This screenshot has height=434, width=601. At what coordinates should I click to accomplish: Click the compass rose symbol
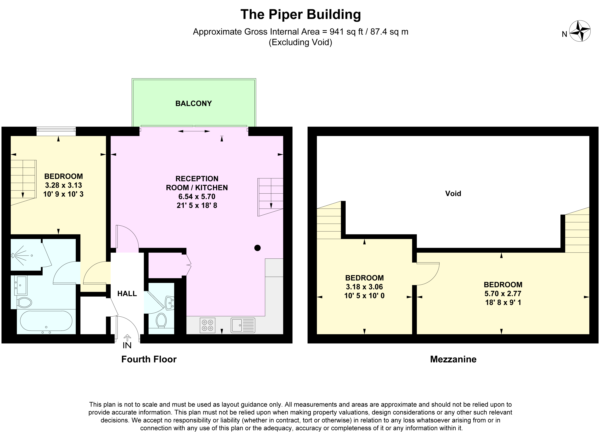pos(580,31)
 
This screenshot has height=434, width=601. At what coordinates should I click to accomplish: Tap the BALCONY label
pos(193,103)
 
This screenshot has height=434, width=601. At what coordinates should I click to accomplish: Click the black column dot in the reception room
pos(257,248)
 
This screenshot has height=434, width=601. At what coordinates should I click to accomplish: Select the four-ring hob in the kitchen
pos(207,325)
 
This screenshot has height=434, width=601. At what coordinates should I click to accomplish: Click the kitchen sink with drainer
pos(243,325)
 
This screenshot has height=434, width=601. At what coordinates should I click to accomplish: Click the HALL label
pos(127,294)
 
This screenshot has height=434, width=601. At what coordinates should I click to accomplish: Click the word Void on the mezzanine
pos(453,193)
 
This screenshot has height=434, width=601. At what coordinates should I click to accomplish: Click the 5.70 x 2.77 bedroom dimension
pos(503,294)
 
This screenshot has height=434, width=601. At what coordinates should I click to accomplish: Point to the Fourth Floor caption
pos(149,359)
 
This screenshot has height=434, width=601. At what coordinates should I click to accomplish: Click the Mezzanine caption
pos(453,359)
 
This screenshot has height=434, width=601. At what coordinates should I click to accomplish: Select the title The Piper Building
pos(300,15)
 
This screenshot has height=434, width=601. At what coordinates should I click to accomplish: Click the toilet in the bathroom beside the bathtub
pos(24,302)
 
